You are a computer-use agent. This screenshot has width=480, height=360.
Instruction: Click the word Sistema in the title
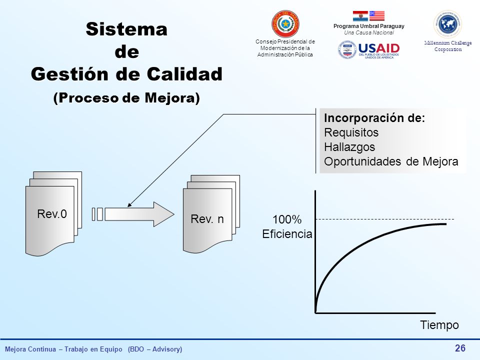126,29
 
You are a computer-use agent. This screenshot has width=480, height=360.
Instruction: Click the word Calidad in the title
184,74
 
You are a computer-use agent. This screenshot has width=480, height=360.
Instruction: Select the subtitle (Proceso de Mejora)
126,98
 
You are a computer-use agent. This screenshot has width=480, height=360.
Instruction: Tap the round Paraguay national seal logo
285,24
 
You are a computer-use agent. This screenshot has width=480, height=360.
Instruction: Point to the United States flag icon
377,15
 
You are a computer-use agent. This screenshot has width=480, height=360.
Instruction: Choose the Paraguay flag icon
360,15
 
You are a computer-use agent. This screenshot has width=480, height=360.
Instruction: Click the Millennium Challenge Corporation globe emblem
448,24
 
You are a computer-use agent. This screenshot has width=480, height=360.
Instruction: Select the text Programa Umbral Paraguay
369,26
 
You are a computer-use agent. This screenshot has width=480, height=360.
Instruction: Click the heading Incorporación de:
374,118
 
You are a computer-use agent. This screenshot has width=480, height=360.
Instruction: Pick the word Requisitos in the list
351,132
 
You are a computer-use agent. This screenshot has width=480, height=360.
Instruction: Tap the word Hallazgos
349,147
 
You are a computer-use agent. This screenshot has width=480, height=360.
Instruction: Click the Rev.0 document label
52,213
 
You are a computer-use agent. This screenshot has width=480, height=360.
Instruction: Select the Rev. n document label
207,219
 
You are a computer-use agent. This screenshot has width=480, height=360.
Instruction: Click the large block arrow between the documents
139,214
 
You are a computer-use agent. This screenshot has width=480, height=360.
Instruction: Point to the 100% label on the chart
287,219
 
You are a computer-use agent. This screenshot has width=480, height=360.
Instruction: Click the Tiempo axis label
439,325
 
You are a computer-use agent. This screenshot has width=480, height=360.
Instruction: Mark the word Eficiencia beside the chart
287,234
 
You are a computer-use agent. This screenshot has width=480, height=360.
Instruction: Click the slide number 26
460,348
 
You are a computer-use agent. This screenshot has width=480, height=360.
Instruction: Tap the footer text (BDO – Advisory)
155,349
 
